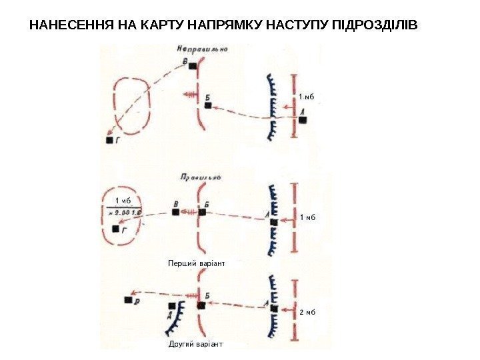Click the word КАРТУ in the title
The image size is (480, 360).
pos(157,27)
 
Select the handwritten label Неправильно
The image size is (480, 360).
pos(203,49)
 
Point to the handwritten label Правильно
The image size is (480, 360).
pos(200,177)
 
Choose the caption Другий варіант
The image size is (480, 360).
pos(196,345)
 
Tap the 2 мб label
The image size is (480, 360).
pos(308,311)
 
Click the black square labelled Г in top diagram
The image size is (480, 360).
pos(110,140)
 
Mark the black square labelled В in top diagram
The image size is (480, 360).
pos(193,66)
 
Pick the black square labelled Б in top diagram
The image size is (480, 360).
pos(208,105)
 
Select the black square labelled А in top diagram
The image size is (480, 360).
pos(303,121)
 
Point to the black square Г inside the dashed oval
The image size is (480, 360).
pos(115,229)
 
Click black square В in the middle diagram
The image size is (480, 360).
pos(176,212)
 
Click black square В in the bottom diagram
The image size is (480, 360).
pos(128,300)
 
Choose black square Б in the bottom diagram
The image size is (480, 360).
pos(201,305)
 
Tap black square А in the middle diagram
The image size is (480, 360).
pos(273,223)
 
